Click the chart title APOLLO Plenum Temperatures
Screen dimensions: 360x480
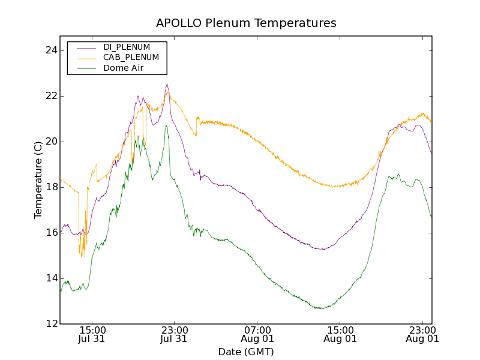coord(246,23)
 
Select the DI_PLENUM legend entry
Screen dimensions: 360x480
coord(127,47)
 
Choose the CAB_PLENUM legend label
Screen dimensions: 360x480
coord(131,57)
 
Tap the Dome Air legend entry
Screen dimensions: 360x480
coord(123,68)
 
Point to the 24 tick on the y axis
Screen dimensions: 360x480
coord(50,50)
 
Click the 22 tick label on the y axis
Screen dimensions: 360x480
coord(50,96)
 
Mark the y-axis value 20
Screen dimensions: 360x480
coord(50,142)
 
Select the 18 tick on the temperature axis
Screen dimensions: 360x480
coord(50,187)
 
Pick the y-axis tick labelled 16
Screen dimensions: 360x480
coord(50,233)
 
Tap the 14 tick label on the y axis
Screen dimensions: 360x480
coord(50,278)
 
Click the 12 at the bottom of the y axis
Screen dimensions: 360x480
coord(50,324)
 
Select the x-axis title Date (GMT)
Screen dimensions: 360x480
coord(246,352)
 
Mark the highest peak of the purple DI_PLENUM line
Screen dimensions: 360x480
coord(167,85)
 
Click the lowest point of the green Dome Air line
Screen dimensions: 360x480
coord(321,308)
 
